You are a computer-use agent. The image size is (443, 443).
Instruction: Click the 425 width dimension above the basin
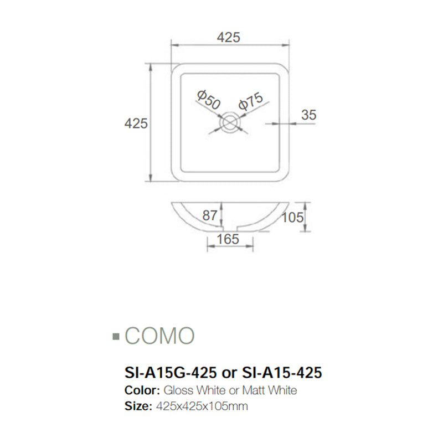coord(229,37)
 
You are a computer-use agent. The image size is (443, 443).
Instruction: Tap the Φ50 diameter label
coord(209,101)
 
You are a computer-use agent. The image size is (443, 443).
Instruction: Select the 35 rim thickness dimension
coord(308,115)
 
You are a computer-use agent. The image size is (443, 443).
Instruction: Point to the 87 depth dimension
coord(210,216)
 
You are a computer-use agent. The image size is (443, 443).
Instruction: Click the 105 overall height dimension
coord(293,217)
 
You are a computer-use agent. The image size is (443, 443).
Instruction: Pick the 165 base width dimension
coord(228,239)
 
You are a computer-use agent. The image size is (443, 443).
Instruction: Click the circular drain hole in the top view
coord(229,122)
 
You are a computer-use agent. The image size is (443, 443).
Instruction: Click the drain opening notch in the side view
coord(229,228)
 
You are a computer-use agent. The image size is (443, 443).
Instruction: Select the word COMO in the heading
coord(159,336)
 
